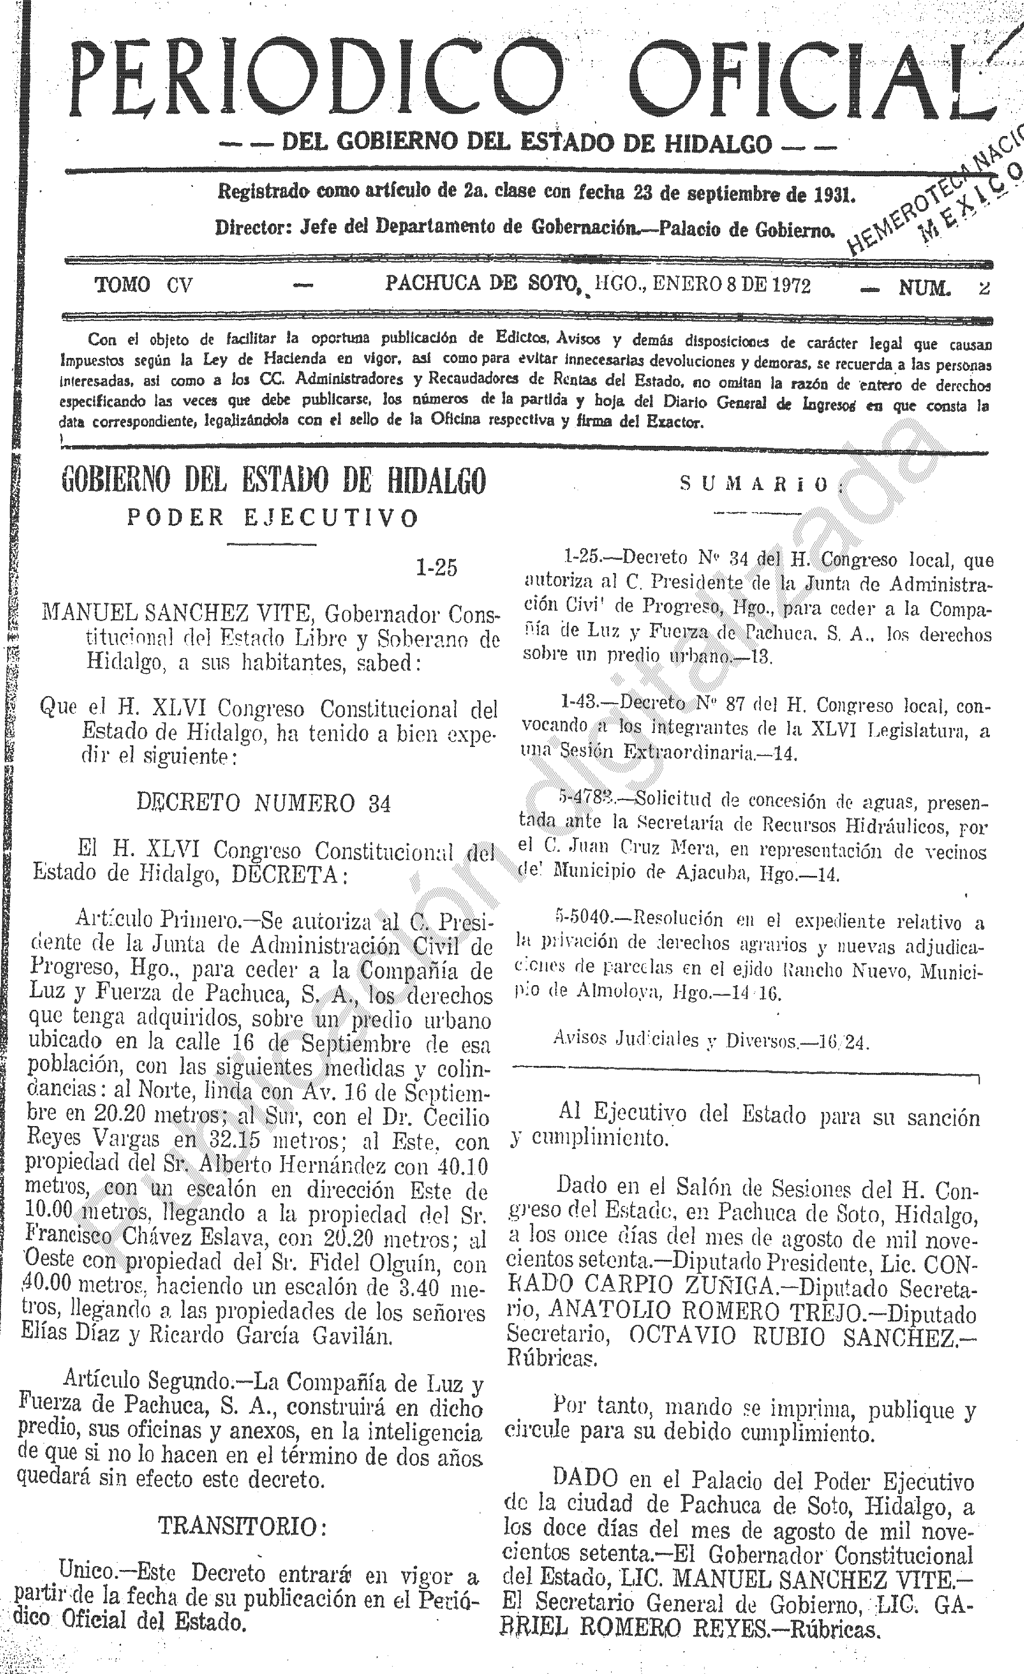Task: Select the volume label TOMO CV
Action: click(x=143, y=285)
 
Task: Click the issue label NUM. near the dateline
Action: click(x=924, y=288)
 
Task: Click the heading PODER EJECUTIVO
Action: click(x=273, y=517)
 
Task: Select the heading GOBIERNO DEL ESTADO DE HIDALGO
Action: click(x=274, y=481)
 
